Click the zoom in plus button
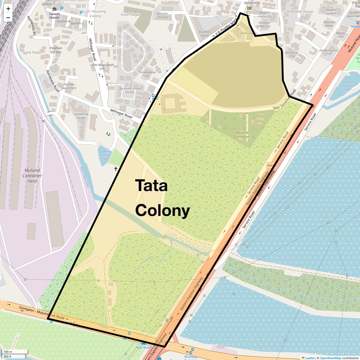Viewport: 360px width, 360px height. (x=8, y=9)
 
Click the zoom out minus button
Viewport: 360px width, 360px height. (x=8, y=17)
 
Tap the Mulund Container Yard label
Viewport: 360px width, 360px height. (x=32, y=175)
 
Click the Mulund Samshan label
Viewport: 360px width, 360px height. (x=242, y=135)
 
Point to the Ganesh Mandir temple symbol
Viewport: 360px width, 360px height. (x=54, y=9)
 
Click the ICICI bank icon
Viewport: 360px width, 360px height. (x=249, y=8)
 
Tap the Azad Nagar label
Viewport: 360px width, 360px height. (x=130, y=14)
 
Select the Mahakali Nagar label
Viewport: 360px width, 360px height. (x=300, y=11)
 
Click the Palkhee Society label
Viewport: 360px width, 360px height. (x=56, y=50)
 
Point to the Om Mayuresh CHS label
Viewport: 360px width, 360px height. (x=103, y=67)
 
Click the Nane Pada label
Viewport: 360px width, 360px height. (x=31, y=52)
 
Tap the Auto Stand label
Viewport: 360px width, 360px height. (x=144, y=347)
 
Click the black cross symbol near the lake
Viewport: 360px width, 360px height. (x=116, y=169)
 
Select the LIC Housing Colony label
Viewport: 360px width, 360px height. (x=95, y=13)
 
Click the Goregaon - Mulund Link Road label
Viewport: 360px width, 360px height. (x=42, y=313)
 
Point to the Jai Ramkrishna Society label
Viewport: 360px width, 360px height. (x=130, y=90)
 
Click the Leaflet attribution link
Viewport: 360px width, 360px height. (x=310, y=358)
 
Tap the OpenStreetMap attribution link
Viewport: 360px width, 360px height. (x=331, y=358)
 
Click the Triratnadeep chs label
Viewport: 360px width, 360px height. (x=147, y=74)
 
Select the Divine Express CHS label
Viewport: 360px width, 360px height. (x=329, y=52)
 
